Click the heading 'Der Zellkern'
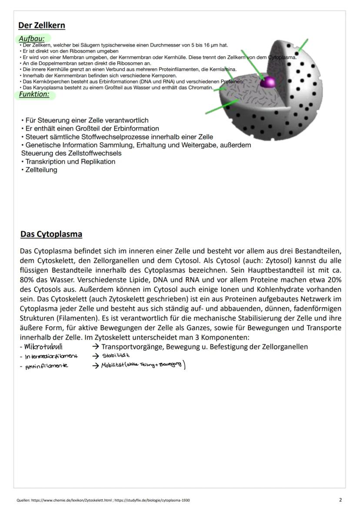click(x=42, y=25)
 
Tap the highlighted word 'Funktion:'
click(x=34, y=94)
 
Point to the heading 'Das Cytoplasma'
click(x=51, y=234)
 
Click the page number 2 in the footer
click(x=340, y=500)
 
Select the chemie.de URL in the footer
click(x=72, y=500)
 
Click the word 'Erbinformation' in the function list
click(x=137, y=129)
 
